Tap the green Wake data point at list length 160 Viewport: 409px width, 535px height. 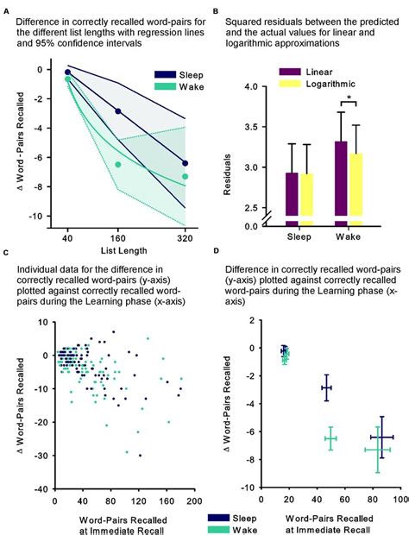tap(119, 164)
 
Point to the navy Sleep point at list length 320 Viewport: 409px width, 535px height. tap(185, 163)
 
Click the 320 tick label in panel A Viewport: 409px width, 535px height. tap(185, 236)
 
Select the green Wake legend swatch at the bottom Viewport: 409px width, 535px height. tap(218, 527)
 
